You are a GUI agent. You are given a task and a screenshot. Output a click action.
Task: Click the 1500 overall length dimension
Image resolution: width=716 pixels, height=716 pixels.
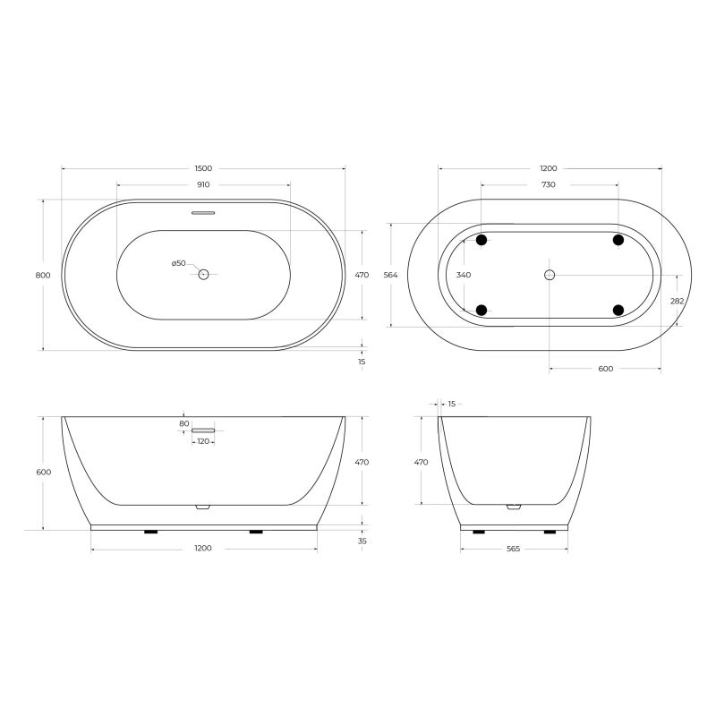[203, 168]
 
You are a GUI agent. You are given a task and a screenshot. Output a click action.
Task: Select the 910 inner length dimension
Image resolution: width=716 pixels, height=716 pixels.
[203, 185]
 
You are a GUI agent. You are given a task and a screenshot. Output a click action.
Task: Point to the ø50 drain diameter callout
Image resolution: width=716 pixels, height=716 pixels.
[179, 263]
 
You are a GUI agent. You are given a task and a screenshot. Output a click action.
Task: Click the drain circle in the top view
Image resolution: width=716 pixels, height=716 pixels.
[203, 275]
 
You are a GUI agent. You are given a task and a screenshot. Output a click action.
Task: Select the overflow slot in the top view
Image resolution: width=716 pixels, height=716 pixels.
[203, 213]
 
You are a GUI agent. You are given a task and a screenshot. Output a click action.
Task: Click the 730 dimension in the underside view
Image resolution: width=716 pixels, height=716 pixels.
[549, 185]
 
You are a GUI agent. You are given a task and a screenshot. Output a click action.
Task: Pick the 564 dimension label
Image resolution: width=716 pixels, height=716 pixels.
[391, 275]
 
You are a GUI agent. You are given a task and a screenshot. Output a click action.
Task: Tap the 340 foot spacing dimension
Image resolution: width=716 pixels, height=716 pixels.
[464, 275]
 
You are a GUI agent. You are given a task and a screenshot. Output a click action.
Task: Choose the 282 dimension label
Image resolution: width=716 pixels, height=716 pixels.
[678, 301]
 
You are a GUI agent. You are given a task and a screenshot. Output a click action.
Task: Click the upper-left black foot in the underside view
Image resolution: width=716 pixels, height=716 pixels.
[482, 240]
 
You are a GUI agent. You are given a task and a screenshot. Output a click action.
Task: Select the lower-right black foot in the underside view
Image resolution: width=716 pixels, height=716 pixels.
[618, 310]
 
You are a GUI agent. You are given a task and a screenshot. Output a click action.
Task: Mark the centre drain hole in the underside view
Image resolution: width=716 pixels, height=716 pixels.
[550, 275]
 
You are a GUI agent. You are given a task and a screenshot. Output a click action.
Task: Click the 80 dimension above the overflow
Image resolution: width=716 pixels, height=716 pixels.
[183, 423]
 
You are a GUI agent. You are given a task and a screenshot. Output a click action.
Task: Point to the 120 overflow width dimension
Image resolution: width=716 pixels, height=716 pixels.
[203, 441]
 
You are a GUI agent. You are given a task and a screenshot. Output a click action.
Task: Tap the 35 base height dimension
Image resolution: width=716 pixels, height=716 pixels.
[362, 541]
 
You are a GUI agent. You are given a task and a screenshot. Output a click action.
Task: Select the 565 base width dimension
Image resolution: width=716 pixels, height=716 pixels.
[513, 549]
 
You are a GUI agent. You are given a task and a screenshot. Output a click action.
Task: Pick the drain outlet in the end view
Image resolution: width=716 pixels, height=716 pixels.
[513, 507]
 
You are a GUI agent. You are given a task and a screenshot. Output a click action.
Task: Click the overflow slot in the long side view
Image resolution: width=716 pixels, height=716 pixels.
[203, 430]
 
